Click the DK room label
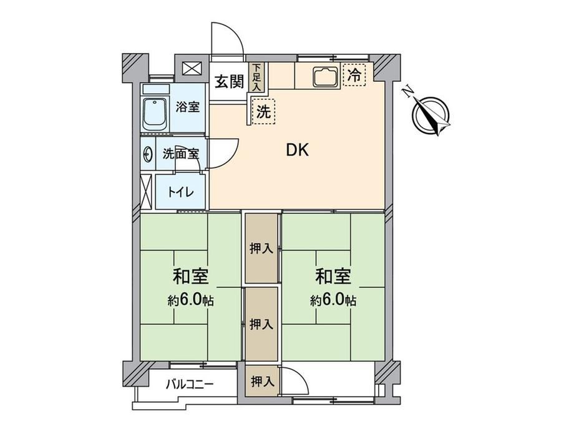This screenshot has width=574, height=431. [297, 150]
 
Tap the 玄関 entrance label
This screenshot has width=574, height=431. [229, 81]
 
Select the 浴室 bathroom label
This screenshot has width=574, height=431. [187, 107]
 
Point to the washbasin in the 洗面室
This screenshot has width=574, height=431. [147, 154]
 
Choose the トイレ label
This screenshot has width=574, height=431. [180, 192]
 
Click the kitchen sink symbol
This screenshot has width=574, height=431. [325, 76]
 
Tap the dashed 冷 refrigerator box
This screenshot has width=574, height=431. [354, 75]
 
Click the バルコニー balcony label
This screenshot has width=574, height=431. [190, 384]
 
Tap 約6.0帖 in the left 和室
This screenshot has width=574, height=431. [191, 300]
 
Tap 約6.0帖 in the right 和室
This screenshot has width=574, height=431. [334, 300]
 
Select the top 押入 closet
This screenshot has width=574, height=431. [261, 248]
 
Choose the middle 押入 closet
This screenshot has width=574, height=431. [261, 324]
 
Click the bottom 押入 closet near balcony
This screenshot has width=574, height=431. [262, 382]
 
